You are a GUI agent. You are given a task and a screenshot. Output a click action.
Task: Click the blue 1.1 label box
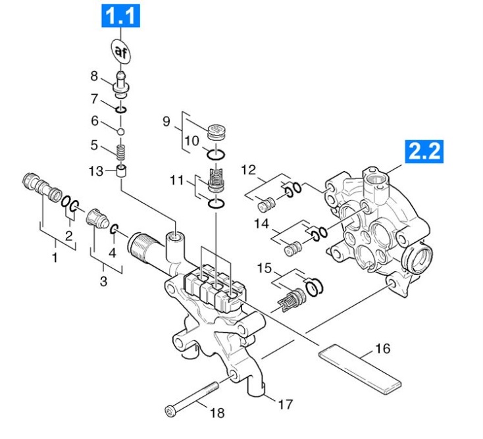(120, 16)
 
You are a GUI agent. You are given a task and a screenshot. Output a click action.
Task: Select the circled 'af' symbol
(121, 51)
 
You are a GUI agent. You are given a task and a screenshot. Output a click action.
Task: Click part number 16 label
(382, 348)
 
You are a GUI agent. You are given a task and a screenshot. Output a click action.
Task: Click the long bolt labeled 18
(195, 399)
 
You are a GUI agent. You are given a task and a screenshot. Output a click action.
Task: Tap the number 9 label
(166, 121)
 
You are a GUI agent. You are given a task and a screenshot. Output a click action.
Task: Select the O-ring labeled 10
(216, 155)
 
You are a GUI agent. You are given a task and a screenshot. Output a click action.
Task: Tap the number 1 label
(55, 257)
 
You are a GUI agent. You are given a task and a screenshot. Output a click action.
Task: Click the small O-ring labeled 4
(114, 229)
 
